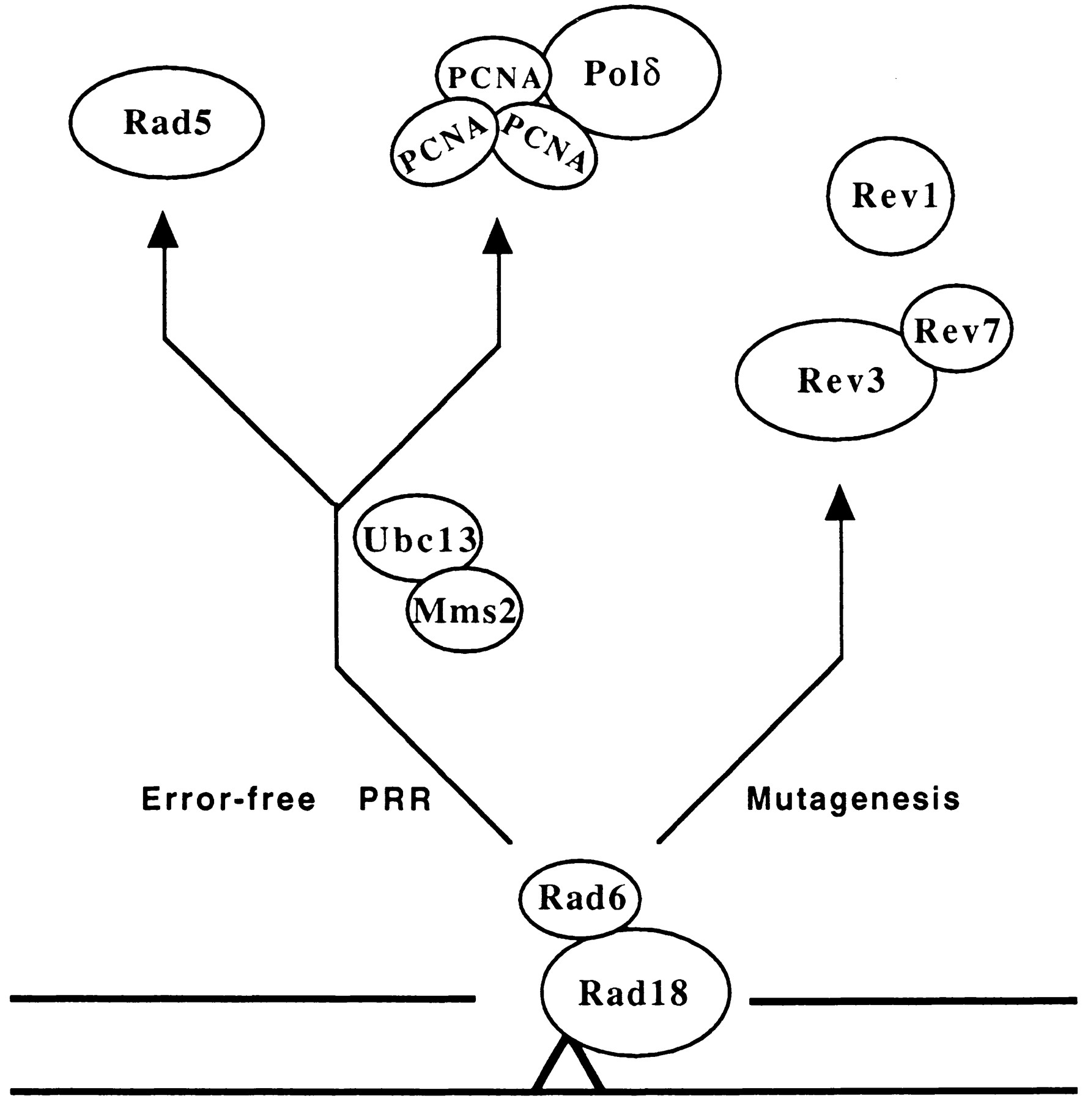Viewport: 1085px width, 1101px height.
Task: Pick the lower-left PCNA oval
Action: (442, 147)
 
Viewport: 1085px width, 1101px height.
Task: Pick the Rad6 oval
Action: (580, 899)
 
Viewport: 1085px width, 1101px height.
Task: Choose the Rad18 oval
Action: (635, 992)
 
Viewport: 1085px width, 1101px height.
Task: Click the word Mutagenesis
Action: (853, 799)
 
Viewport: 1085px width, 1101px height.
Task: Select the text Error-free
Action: (228, 799)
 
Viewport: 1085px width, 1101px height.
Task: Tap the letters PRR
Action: (396, 799)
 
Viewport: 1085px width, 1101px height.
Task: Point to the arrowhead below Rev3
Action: (839, 503)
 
